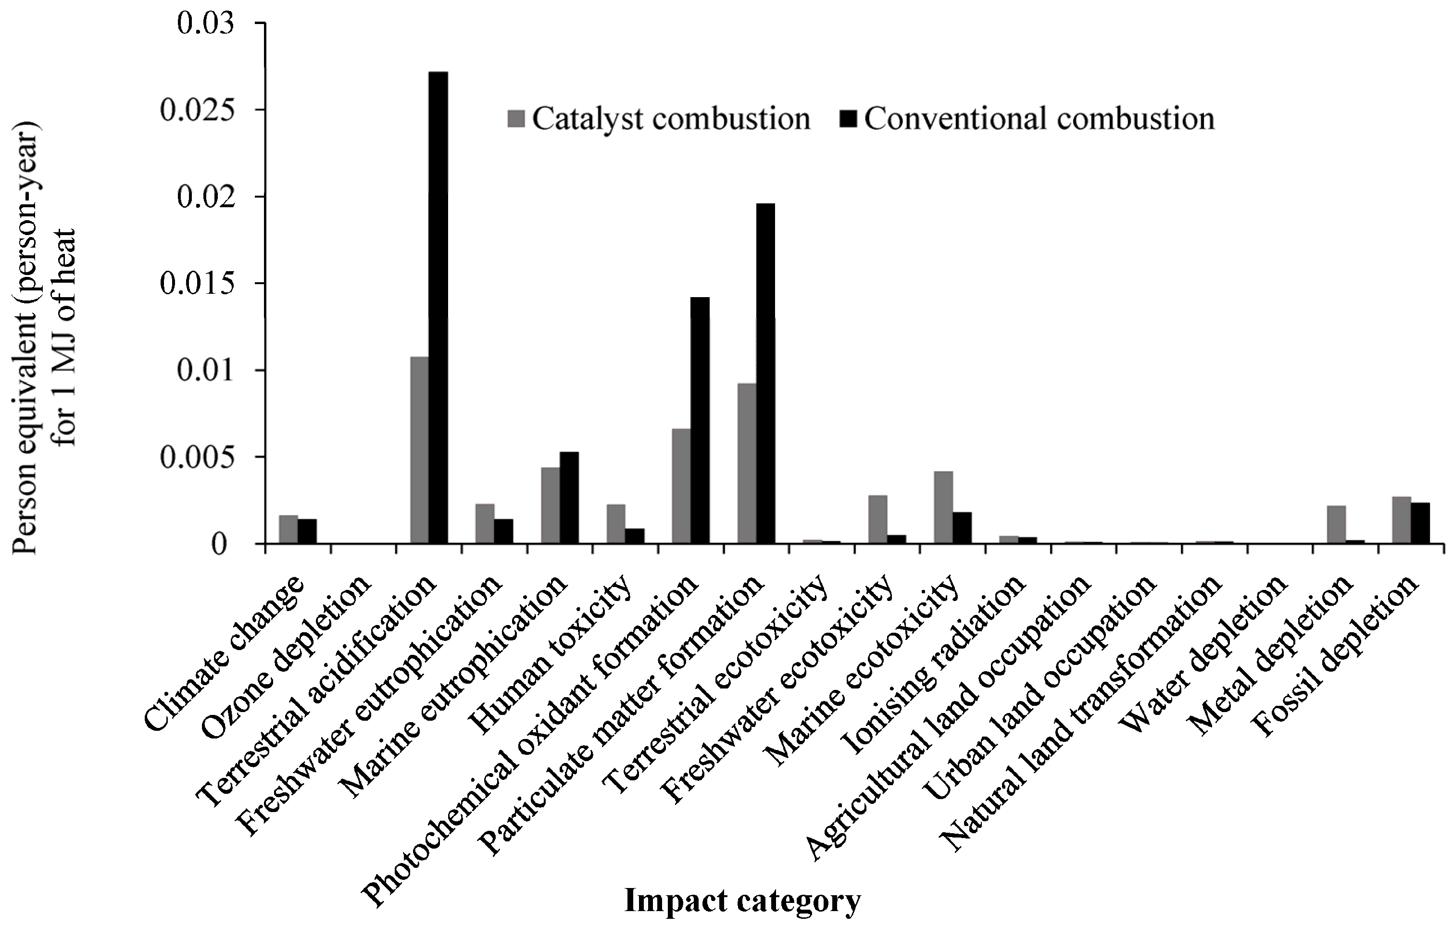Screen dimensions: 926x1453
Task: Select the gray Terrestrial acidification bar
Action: [x=419, y=450]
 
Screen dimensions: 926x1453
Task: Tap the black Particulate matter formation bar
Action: [x=765, y=374]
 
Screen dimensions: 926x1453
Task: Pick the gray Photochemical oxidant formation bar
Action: [x=681, y=486]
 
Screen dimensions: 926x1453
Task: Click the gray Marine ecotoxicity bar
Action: [x=943, y=507]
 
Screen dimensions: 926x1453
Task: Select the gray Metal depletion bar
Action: [x=1336, y=524]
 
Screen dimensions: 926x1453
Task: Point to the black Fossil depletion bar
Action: [x=1420, y=523]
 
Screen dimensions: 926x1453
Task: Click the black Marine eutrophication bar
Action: [x=569, y=498]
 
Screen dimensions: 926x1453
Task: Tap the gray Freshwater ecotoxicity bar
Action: [x=877, y=519]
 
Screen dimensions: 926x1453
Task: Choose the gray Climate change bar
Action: [x=288, y=530]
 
